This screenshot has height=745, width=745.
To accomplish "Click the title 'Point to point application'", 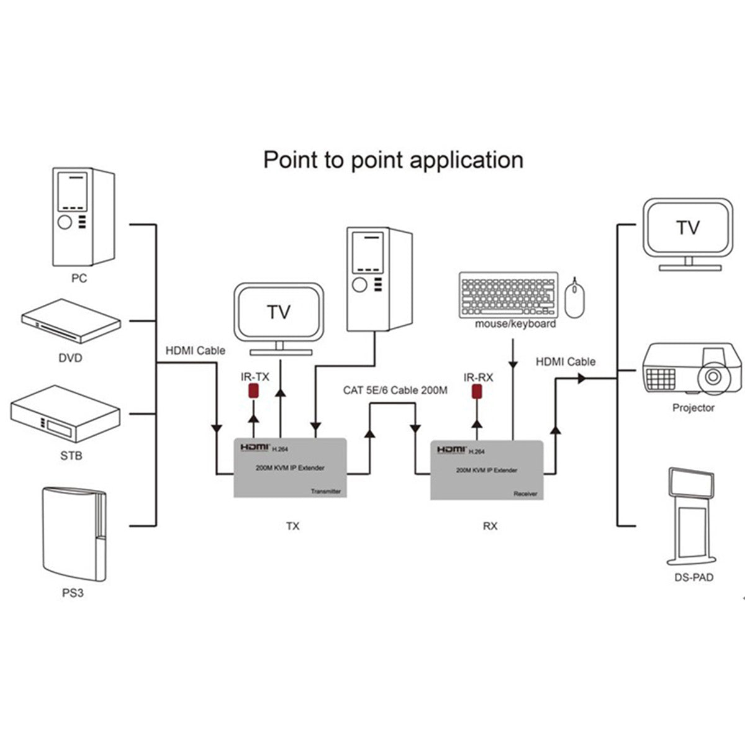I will coord(393,160).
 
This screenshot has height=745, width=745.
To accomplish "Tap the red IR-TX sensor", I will coord(253,391).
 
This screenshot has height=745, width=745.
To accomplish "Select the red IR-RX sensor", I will coord(477,392).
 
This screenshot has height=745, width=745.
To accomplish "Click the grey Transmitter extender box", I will coord(290,467).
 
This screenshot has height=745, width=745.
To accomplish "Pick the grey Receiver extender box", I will coord(487,470).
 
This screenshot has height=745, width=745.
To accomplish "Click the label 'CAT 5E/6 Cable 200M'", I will coord(395,391).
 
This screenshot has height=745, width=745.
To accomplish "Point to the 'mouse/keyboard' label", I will coord(515,324).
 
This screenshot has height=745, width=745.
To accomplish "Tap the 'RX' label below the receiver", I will coord(490,526).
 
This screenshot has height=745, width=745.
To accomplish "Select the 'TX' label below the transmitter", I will coord(292,526).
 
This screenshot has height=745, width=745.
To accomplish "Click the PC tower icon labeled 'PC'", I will coord(82,217).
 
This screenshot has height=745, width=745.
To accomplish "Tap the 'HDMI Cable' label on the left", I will coord(195,351).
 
